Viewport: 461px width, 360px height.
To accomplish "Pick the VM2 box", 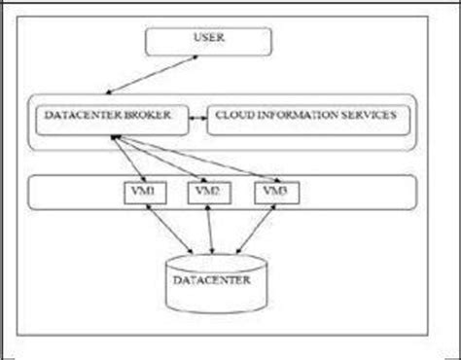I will pos(206,193).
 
